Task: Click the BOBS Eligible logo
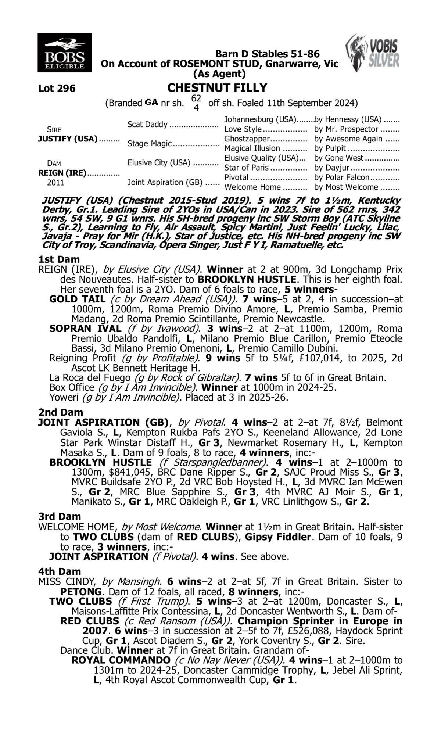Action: [x=64, y=53]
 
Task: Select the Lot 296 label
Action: [x=57, y=89]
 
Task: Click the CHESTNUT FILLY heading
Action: [x=217, y=88]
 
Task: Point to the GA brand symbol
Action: [x=151, y=103]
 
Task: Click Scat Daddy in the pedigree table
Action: [x=147, y=125]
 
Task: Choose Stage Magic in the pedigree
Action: [x=150, y=144]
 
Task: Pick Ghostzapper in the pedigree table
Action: [x=247, y=139]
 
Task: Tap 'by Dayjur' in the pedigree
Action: [x=331, y=168]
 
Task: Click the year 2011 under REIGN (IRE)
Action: [x=55, y=183]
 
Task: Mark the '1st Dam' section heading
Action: [x=59, y=259]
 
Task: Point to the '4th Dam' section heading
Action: [x=60, y=571]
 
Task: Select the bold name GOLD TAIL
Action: [x=78, y=299]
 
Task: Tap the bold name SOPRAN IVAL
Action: [x=85, y=328]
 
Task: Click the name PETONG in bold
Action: [x=81, y=592]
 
